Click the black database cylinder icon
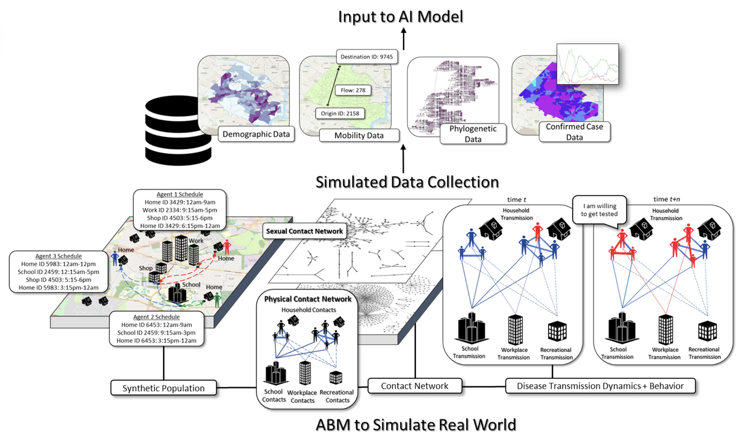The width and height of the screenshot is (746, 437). pos(178,131)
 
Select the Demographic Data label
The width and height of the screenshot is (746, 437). pos(256,134)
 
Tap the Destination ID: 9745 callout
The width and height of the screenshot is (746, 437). pos(366,57)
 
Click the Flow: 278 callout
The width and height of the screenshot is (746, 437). pos(353,90)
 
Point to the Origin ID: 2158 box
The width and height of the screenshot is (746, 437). pos(340,113)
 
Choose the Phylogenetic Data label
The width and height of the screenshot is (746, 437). pos(473,134)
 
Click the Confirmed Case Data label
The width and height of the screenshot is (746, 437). pos(574,132)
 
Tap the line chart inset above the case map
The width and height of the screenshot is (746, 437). pos(588,64)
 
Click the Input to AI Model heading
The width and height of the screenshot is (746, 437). pos(400,16)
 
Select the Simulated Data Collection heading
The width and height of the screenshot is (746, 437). pos(407,182)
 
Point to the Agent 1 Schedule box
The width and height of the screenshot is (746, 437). pos(180,210)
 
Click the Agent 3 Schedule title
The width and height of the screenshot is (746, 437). pos(59,256)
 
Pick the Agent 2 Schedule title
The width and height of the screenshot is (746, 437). pos(156,317)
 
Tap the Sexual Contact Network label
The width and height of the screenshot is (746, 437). pos(304,231)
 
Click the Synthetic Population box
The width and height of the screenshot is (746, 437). pos(163,388)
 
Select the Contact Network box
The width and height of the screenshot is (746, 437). pos(414,386)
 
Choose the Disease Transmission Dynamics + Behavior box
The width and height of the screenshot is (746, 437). pos(600,386)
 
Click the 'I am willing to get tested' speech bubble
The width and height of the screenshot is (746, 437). pos(599,210)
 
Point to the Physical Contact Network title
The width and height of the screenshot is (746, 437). pos(307,299)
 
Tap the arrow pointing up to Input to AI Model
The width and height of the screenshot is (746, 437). pos(403,39)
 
